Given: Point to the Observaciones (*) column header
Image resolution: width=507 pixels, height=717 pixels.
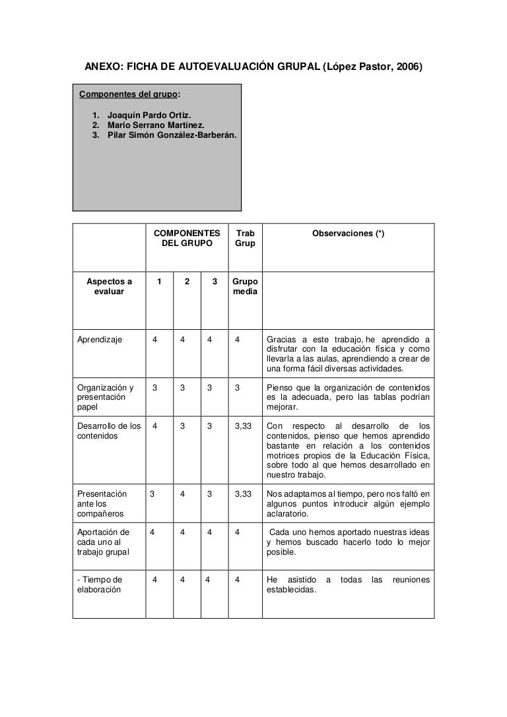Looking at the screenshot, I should [x=348, y=234].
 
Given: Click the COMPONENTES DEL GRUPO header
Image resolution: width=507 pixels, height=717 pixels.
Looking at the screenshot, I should [x=187, y=239].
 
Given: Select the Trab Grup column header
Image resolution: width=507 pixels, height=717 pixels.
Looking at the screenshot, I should [x=245, y=239].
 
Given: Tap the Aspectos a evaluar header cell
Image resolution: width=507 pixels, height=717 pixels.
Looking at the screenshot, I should [x=109, y=288].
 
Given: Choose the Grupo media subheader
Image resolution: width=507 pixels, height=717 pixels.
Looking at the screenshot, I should [x=245, y=288].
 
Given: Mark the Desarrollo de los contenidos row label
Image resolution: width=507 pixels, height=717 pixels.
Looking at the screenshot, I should [x=109, y=431].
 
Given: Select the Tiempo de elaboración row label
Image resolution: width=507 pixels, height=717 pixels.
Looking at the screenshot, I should [x=100, y=585].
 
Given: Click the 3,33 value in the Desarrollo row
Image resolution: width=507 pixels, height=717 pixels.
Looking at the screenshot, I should [x=244, y=426].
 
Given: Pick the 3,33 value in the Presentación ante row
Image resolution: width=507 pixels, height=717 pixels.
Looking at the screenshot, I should [x=244, y=493].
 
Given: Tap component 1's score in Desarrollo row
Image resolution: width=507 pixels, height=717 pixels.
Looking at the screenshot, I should [x=154, y=426].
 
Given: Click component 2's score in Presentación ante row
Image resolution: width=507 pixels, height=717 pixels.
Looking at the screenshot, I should [x=182, y=493].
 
